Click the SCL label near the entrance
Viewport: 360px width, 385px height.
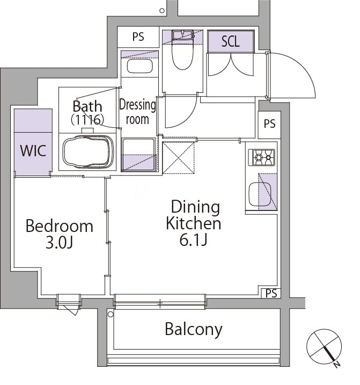(x=230, y=41)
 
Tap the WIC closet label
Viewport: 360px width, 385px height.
(x=33, y=150)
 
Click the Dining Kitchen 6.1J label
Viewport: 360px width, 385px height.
(x=194, y=223)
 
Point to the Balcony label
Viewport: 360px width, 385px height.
(x=194, y=329)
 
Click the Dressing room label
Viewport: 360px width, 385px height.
(x=137, y=112)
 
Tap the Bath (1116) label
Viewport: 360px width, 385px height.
(x=87, y=113)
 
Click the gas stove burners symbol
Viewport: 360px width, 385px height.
(x=262, y=157)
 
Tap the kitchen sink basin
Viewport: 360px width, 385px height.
(x=260, y=194)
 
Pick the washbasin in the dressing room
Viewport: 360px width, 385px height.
(x=139, y=66)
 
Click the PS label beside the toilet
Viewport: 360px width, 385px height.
(x=138, y=37)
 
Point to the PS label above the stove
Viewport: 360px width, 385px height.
(x=269, y=124)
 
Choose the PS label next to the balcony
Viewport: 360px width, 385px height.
(x=271, y=293)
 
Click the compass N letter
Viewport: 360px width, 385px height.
(x=337, y=365)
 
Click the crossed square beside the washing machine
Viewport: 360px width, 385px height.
(x=179, y=158)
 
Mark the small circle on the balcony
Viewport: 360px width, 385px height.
(x=111, y=314)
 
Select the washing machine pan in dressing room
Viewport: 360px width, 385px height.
(x=139, y=155)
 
